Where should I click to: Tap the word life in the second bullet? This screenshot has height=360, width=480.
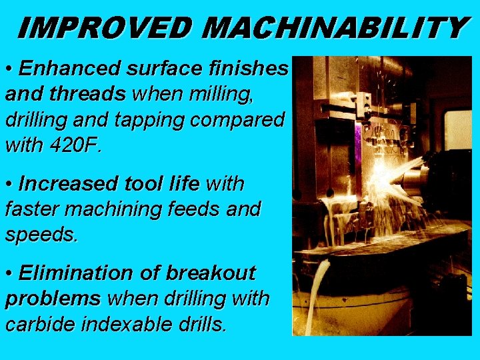click(182, 183)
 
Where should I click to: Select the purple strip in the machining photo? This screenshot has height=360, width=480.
click(359, 144)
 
